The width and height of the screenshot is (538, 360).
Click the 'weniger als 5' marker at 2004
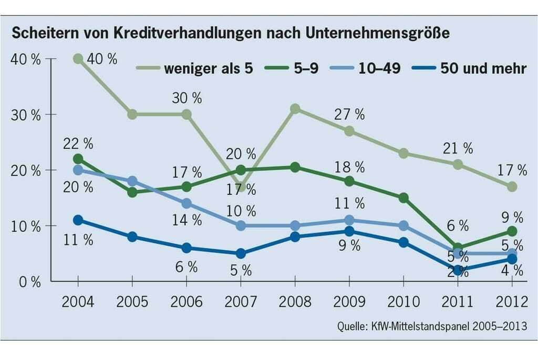[x=78, y=59]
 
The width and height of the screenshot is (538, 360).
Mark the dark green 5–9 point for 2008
[x=295, y=167]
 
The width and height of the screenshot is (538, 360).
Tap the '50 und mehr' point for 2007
[x=241, y=254]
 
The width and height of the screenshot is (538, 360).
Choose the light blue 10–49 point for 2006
[x=187, y=203]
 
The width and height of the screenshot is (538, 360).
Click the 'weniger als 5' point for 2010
[x=403, y=153]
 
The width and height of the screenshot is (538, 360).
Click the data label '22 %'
[x=78, y=142]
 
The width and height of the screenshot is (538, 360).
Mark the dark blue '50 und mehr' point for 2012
[x=512, y=259]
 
